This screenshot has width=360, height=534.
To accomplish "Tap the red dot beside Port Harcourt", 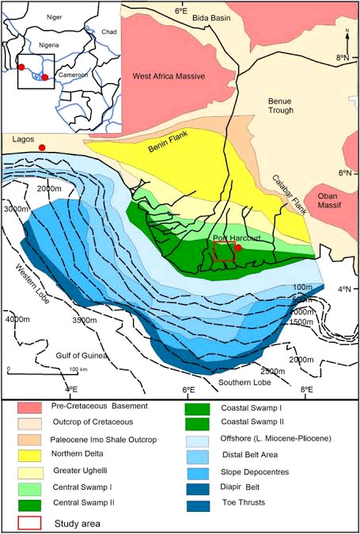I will pos(238,248).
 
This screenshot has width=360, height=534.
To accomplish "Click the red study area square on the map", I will pos(225,252).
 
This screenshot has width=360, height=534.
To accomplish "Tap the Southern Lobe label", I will pos(244,383).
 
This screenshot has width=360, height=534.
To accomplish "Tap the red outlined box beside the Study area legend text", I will pos(34,523).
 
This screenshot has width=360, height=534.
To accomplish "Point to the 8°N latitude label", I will pos(342,58).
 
